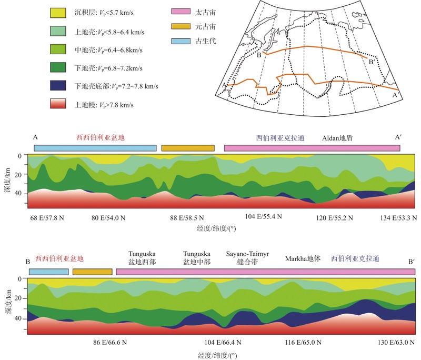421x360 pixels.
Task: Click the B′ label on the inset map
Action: click(x=372, y=63)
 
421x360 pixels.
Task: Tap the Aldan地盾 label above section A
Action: click(x=337, y=137)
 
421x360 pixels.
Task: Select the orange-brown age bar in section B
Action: click(x=93, y=272)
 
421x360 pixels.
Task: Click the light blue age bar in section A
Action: click(x=95, y=148)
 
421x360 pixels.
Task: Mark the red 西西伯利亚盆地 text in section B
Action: click(x=59, y=259)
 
